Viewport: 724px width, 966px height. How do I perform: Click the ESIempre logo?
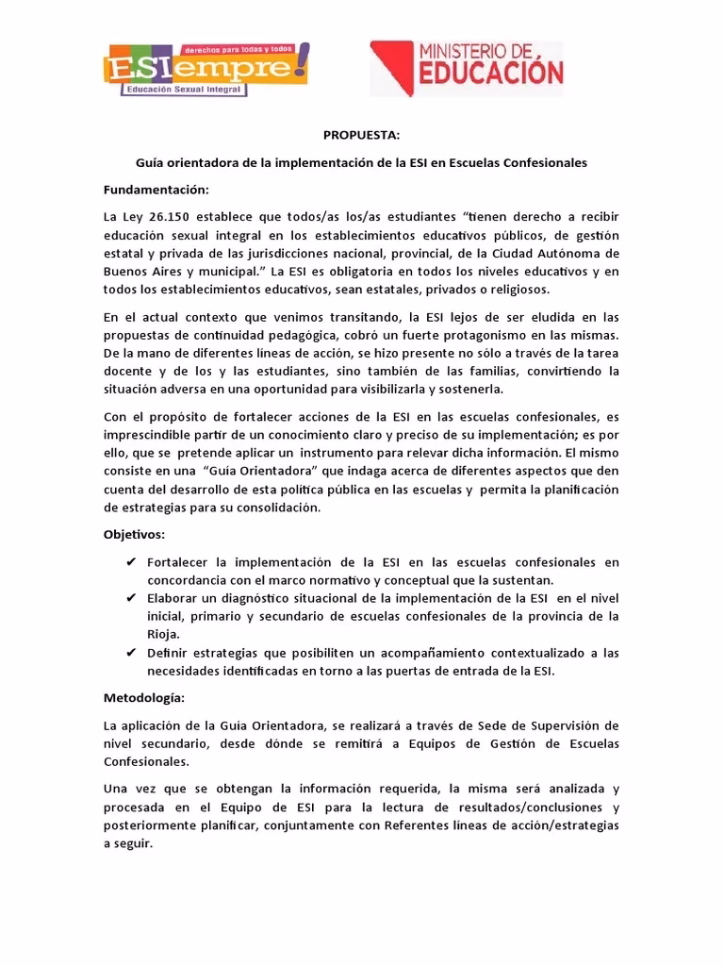coord(206,69)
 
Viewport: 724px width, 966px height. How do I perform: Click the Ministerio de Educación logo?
coord(467,67)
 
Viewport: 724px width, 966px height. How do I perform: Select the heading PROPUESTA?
coord(361,135)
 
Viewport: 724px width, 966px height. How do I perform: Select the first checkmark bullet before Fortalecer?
coord(131,563)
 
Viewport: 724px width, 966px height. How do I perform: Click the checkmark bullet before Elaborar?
coord(131,599)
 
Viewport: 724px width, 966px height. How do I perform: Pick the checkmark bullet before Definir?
coord(131,653)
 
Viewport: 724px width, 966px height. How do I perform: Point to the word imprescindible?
coord(147,435)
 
